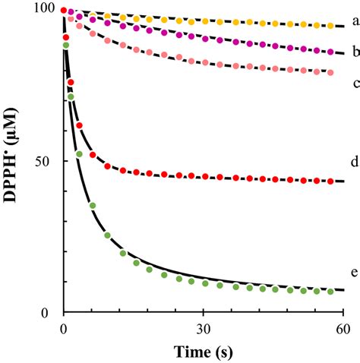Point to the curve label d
(353, 183)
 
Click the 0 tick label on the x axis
(64, 328)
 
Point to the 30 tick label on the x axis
(203, 328)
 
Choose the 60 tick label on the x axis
(343, 328)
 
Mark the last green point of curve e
(330, 292)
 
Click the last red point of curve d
(330, 181)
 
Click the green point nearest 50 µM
(79, 155)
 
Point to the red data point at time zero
(64, 10)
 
